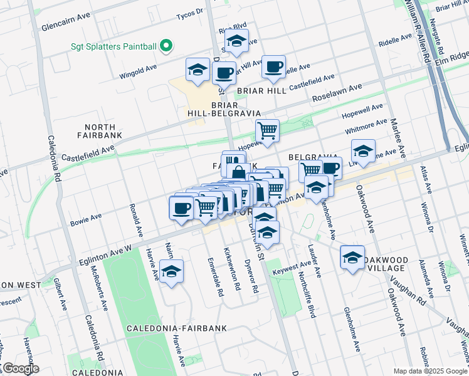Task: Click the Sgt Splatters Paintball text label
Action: tap(113, 46)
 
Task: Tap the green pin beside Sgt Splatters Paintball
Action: tap(166, 46)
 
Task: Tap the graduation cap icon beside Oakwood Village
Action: tap(352, 258)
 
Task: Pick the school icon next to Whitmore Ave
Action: tap(363, 151)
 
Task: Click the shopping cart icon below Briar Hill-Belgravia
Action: tap(268, 132)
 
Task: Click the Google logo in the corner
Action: tap(21, 368)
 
